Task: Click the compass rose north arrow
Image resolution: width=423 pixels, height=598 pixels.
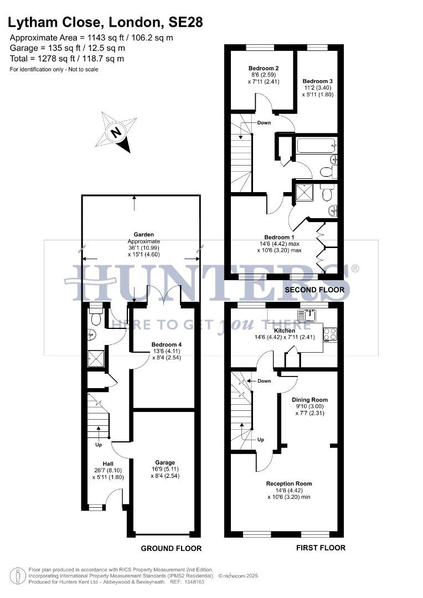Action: pyautogui.click(x=117, y=132)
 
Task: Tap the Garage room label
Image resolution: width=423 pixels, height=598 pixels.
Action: pyautogui.click(x=165, y=462)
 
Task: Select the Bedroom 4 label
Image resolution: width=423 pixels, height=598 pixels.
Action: pyautogui.click(x=167, y=344)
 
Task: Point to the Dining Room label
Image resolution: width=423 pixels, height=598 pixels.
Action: pyautogui.click(x=309, y=399)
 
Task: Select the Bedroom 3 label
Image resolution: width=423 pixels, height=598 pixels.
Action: pyautogui.click(x=317, y=80)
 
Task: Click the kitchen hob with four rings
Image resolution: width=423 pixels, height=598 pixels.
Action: pyautogui.click(x=330, y=334)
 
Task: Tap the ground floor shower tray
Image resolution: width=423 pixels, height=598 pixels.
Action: pyautogui.click(x=95, y=359)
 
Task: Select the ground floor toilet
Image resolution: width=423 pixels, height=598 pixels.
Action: pyautogui.click(x=95, y=317)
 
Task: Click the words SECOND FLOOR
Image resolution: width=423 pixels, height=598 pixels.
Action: pyautogui.click(x=314, y=290)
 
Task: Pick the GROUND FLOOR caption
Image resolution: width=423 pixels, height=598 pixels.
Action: pyautogui.click(x=171, y=548)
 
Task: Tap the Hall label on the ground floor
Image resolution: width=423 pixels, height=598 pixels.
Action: pyautogui.click(x=108, y=463)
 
